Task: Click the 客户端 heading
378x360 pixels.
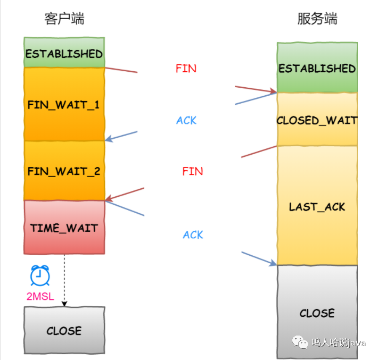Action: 64,19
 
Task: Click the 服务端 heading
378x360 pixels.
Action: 317,19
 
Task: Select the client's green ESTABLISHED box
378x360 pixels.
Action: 64,52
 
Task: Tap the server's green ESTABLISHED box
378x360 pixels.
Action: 317,68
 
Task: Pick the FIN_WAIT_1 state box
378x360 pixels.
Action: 64,104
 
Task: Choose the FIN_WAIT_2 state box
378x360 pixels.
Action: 64,171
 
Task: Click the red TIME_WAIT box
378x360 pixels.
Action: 64,227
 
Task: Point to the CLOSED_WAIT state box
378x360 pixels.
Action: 317,120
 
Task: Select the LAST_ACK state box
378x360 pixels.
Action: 317,205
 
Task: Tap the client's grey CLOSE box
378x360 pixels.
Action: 64,330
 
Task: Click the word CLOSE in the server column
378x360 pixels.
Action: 317,313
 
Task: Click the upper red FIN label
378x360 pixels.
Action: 186,69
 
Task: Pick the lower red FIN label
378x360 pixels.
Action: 193,171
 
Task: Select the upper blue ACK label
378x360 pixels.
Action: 186,120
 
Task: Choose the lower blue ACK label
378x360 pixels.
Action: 193,235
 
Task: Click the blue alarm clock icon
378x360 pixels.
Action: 40,275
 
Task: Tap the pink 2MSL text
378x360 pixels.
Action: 40,296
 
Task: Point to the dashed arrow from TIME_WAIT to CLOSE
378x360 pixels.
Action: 64,280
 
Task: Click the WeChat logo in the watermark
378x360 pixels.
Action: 300,342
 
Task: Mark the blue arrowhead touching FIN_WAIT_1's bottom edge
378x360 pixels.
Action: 109,139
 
